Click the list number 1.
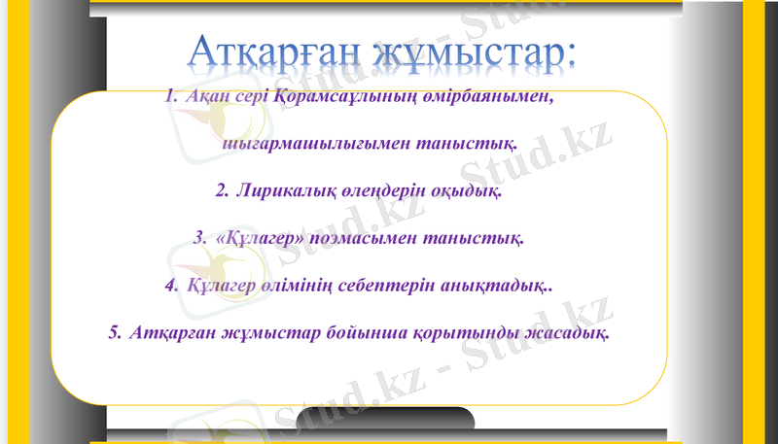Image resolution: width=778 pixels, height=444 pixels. pyautogui.click(x=171, y=97)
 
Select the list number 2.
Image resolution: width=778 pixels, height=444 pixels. pyautogui.click(x=221, y=190)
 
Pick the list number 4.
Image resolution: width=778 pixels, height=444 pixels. pyautogui.click(x=171, y=286)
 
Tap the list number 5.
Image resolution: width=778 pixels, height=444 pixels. pyautogui.click(x=115, y=333)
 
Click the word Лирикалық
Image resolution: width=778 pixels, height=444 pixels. pyautogui.click(x=283, y=190)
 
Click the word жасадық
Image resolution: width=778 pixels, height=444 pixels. pyautogui.click(x=569, y=333)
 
